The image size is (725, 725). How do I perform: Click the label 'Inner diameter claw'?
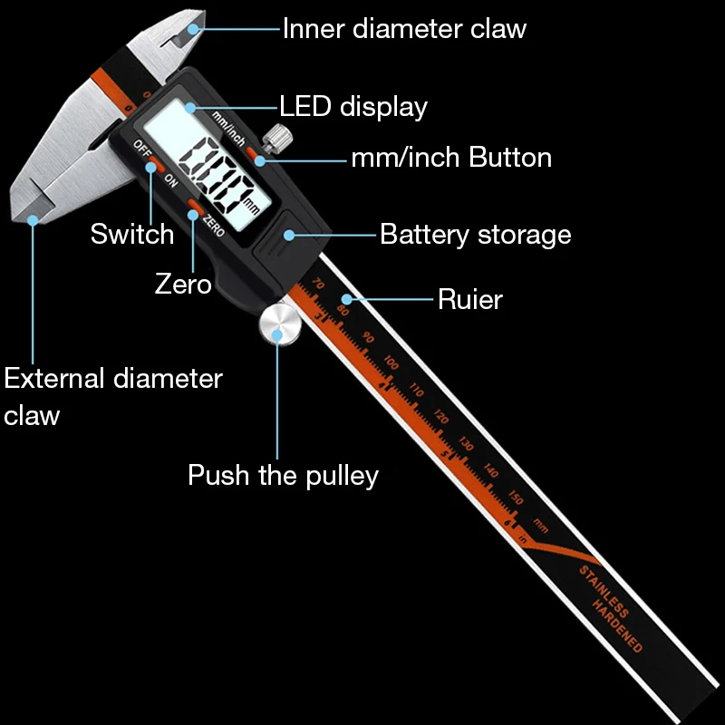404,28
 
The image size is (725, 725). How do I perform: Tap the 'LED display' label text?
353,107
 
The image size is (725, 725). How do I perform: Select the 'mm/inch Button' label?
451,158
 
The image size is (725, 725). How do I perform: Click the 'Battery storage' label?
475,235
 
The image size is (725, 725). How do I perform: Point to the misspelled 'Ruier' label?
469,299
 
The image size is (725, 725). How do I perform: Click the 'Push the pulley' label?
283,475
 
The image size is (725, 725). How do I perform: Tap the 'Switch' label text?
132,234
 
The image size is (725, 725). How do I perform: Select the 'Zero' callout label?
183,284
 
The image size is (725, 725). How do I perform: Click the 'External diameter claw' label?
112,396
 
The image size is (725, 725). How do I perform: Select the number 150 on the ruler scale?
516,498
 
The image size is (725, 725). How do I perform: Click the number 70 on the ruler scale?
317,284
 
